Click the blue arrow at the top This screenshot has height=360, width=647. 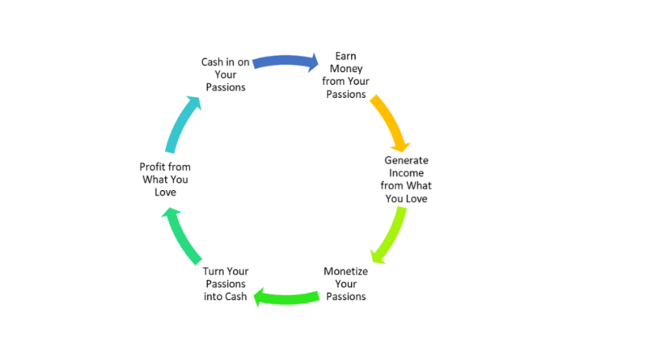pyautogui.click(x=285, y=61)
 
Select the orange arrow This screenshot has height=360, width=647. pyautogui.click(x=389, y=121)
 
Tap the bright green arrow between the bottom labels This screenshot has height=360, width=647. pyautogui.click(x=285, y=298)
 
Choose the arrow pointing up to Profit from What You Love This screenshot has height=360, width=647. pyautogui.click(x=180, y=236)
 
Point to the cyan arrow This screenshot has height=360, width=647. pyautogui.click(x=181, y=123)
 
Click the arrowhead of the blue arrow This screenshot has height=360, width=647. pyautogui.click(x=314, y=62)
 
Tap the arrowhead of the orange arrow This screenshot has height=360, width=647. pyautogui.click(x=400, y=146)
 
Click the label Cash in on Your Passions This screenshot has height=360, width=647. pyautogui.click(x=226, y=74)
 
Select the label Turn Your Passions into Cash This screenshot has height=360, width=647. pyautogui.click(x=226, y=284)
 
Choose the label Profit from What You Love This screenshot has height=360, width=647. pyautogui.click(x=165, y=179)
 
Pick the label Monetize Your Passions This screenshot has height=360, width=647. pyautogui.click(x=346, y=284)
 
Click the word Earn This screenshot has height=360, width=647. pyautogui.click(x=346, y=56)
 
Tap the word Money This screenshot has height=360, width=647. pyautogui.click(x=346, y=69)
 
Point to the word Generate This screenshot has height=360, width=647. pyautogui.click(x=407, y=160)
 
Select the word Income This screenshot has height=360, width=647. pyautogui.click(x=407, y=173)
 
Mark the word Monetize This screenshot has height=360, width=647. pyautogui.click(x=346, y=271)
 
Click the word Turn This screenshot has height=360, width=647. pyautogui.click(x=213, y=271)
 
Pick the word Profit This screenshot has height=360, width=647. pyautogui.click(x=151, y=167)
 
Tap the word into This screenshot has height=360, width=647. pyautogui.click(x=214, y=296)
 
